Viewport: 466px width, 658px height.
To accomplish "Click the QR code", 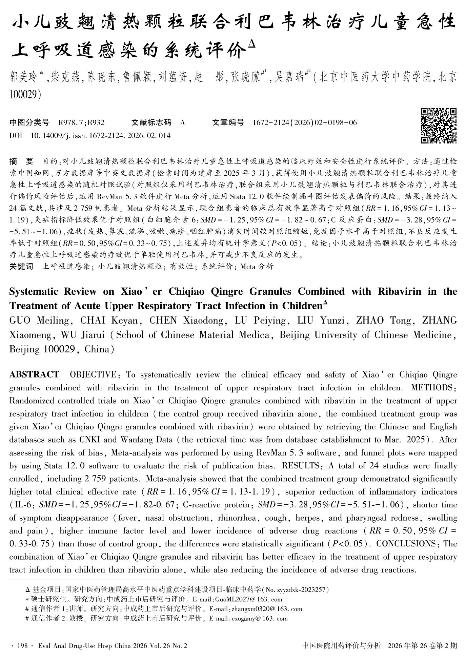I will pos(439,125).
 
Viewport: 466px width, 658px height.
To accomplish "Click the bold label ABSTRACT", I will pos(34,375).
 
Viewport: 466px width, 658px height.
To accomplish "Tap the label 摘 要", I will pos(21,161).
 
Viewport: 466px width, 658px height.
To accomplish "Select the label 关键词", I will pos(21,267).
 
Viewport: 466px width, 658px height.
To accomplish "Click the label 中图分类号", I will pos(29,122).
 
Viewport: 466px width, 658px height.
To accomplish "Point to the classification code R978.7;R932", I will pos(81,122).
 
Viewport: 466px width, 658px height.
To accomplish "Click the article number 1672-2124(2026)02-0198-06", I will pos(305,122).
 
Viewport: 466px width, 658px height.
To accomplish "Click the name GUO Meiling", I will pos(39,321).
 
